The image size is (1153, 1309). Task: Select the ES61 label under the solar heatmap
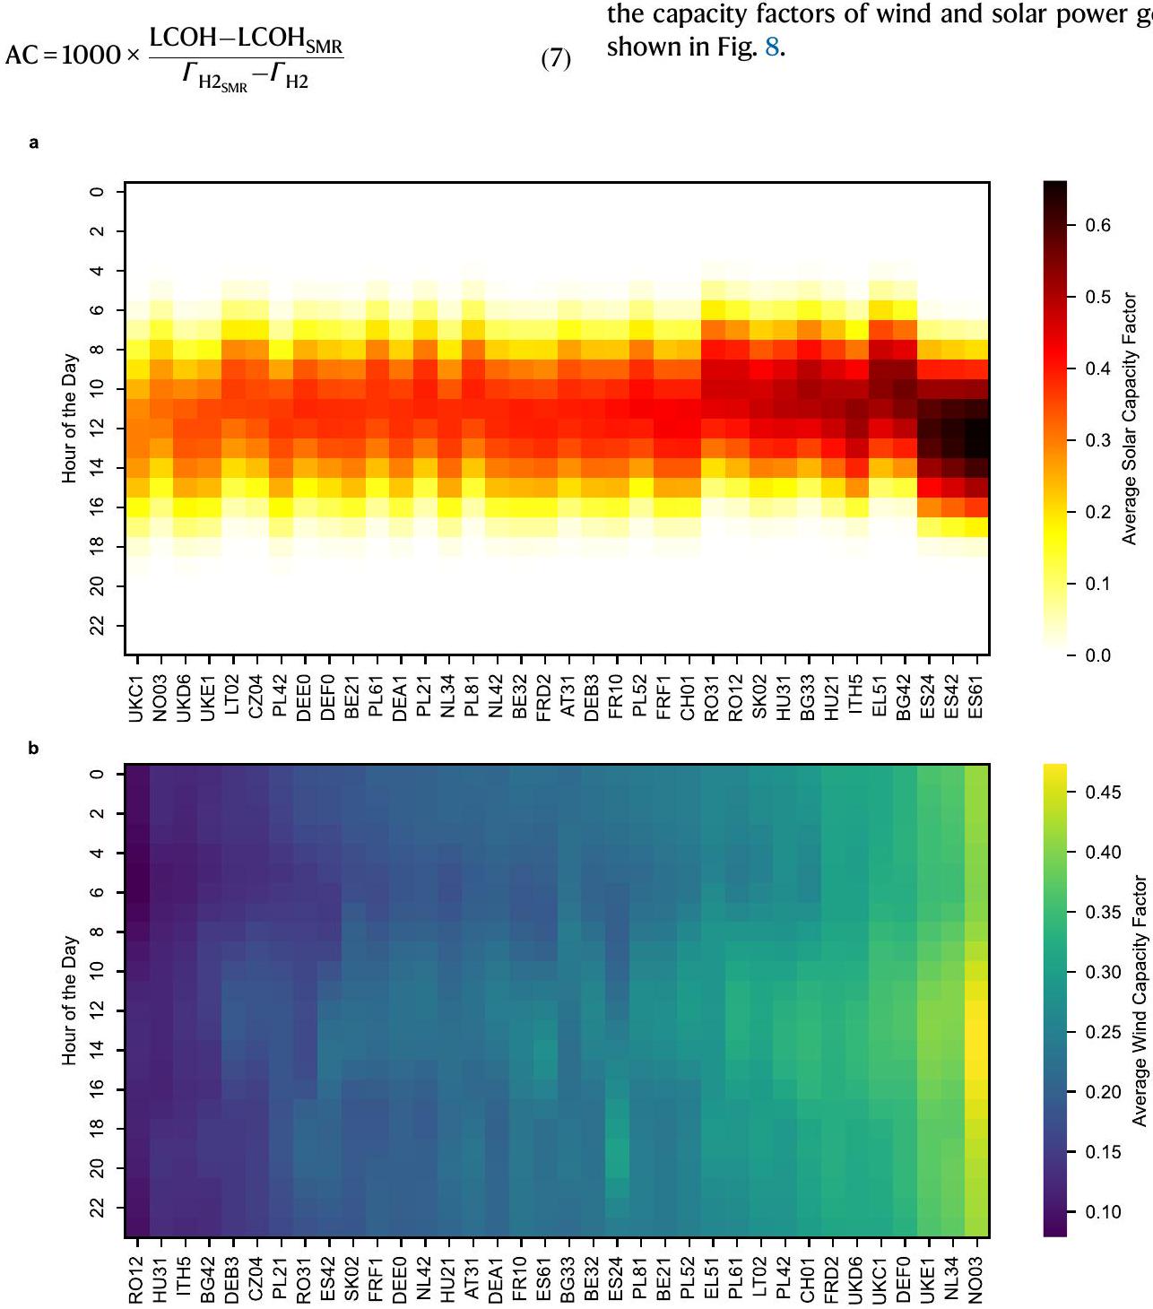pos(976,698)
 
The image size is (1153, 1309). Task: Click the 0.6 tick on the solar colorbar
pos(1098,225)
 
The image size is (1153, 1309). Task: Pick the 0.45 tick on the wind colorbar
pos(1103,793)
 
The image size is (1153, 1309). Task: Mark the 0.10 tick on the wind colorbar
pos(1103,1212)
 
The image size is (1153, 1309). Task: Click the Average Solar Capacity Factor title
pos(1130,418)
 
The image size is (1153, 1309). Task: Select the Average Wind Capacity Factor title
pos(1140,1001)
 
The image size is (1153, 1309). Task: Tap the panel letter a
pos(34,143)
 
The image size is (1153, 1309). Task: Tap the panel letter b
pos(34,748)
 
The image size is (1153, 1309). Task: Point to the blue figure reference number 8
pos(771,47)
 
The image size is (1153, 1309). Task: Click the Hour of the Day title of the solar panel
pos(70,418)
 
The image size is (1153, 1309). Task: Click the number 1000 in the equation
pos(90,55)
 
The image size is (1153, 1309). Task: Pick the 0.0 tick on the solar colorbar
pos(1098,655)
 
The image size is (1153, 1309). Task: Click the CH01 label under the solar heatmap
pos(689,698)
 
